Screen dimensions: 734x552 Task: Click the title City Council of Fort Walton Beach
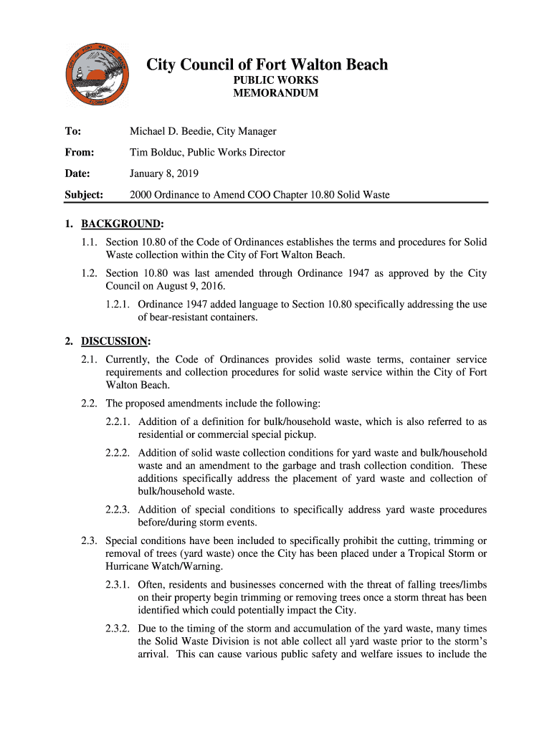pyautogui.click(x=267, y=65)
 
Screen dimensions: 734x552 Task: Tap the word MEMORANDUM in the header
pyautogui.click(x=275, y=93)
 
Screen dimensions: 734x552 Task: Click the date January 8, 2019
pyautogui.click(x=163, y=173)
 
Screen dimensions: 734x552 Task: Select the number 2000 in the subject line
pyautogui.click(x=141, y=194)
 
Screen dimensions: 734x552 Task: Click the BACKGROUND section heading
pyautogui.click(x=121, y=223)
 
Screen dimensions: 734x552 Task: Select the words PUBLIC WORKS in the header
pyautogui.click(x=275, y=80)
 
